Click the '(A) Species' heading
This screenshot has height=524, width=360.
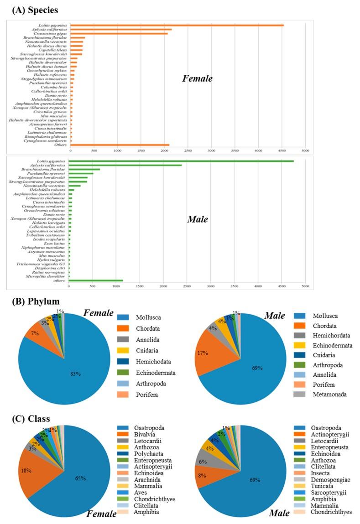click(x=32, y=9)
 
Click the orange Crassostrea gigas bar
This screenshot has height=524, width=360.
click(x=119, y=33)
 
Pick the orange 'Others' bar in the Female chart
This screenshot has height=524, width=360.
click(x=120, y=145)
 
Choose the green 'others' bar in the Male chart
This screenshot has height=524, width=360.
click(x=96, y=280)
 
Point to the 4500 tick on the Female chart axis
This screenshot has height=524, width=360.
click(x=258, y=150)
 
